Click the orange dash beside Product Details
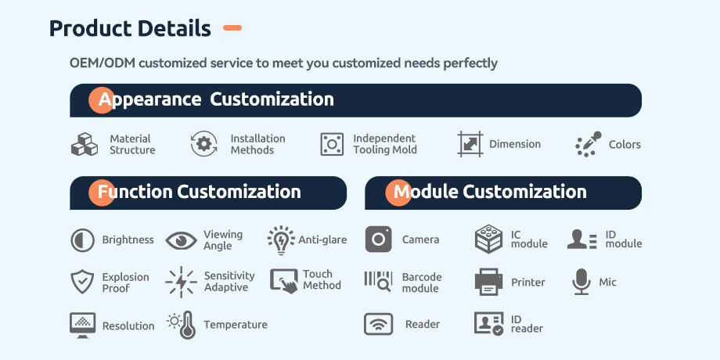[x=232, y=28]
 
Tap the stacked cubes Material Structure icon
[x=85, y=144]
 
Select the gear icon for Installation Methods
[x=204, y=144]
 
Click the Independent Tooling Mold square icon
[x=332, y=144]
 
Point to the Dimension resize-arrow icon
[x=470, y=144]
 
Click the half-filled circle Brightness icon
[x=83, y=240]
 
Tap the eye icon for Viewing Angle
[x=181, y=240]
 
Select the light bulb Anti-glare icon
[x=280, y=240]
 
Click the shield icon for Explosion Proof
[x=82, y=282]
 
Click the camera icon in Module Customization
[x=378, y=239]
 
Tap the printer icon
[x=488, y=282]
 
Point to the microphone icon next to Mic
[x=581, y=282]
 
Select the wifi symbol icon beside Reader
[x=378, y=324]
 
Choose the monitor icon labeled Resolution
[x=83, y=325]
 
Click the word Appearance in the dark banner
[x=149, y=99]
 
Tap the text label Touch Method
[x=322, y=279]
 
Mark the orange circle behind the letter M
[x=398, y=193]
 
